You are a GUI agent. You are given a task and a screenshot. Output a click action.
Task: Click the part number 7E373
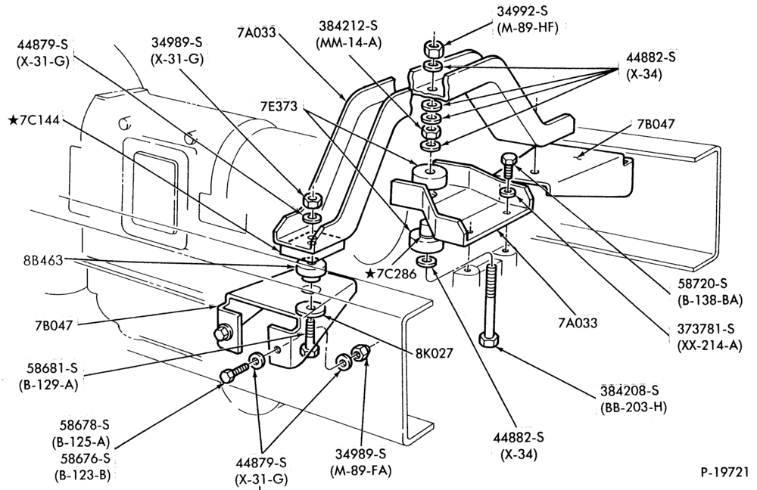coord(279,106)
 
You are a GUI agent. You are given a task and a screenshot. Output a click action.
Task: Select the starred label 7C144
coord(34,119)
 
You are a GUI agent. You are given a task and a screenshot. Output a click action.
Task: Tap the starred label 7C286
coord(391,274)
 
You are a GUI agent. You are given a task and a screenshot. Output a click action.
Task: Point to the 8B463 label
coord(43,260)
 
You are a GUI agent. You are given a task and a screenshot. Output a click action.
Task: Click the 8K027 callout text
coord(435,354)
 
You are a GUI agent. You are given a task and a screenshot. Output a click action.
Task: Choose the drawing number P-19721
coord(724,471)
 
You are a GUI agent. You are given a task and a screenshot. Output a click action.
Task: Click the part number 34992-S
coord(522,11)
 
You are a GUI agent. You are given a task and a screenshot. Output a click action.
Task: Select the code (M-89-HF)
coord(527,28)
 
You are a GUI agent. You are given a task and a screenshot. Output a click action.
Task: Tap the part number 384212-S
coord(348,26)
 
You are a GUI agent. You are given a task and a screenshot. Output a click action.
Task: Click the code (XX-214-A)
coord(710,346)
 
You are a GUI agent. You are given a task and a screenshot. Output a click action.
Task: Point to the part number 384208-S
coord(630,390)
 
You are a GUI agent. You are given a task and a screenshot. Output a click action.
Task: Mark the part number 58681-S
coord(52,368)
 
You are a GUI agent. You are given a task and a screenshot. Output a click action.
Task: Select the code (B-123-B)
coord(83,475)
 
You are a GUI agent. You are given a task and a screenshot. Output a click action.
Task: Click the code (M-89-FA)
coord(360,470)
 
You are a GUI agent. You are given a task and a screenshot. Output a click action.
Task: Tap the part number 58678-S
coord(85,426)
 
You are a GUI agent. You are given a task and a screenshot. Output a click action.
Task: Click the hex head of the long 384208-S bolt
coord(489,339)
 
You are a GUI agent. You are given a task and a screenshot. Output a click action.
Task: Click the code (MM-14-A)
coord(348,43)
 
